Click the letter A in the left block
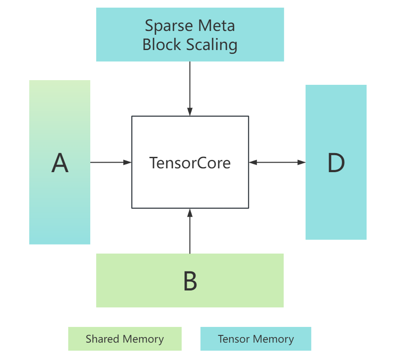click(x=60, y=163)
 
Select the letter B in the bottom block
click(x=190, y=281)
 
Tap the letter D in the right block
click(x=336, y=163)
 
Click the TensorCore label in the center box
click(x=190, y=163)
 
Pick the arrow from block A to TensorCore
click(x=110, y=162)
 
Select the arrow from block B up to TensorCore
click(x=190, y=233)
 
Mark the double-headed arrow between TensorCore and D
click(x=277, y=162)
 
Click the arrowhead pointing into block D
click(x=302, y=162)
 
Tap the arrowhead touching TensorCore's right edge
click(x=253, y=162)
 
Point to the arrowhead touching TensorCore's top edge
click(x=190, y=112)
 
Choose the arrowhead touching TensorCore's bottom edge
click(x=190, y=212)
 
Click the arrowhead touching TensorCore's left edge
click(x=128, y=162)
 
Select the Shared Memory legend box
click(x=125, y=339)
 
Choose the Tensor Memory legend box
click(x=256, y=339)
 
